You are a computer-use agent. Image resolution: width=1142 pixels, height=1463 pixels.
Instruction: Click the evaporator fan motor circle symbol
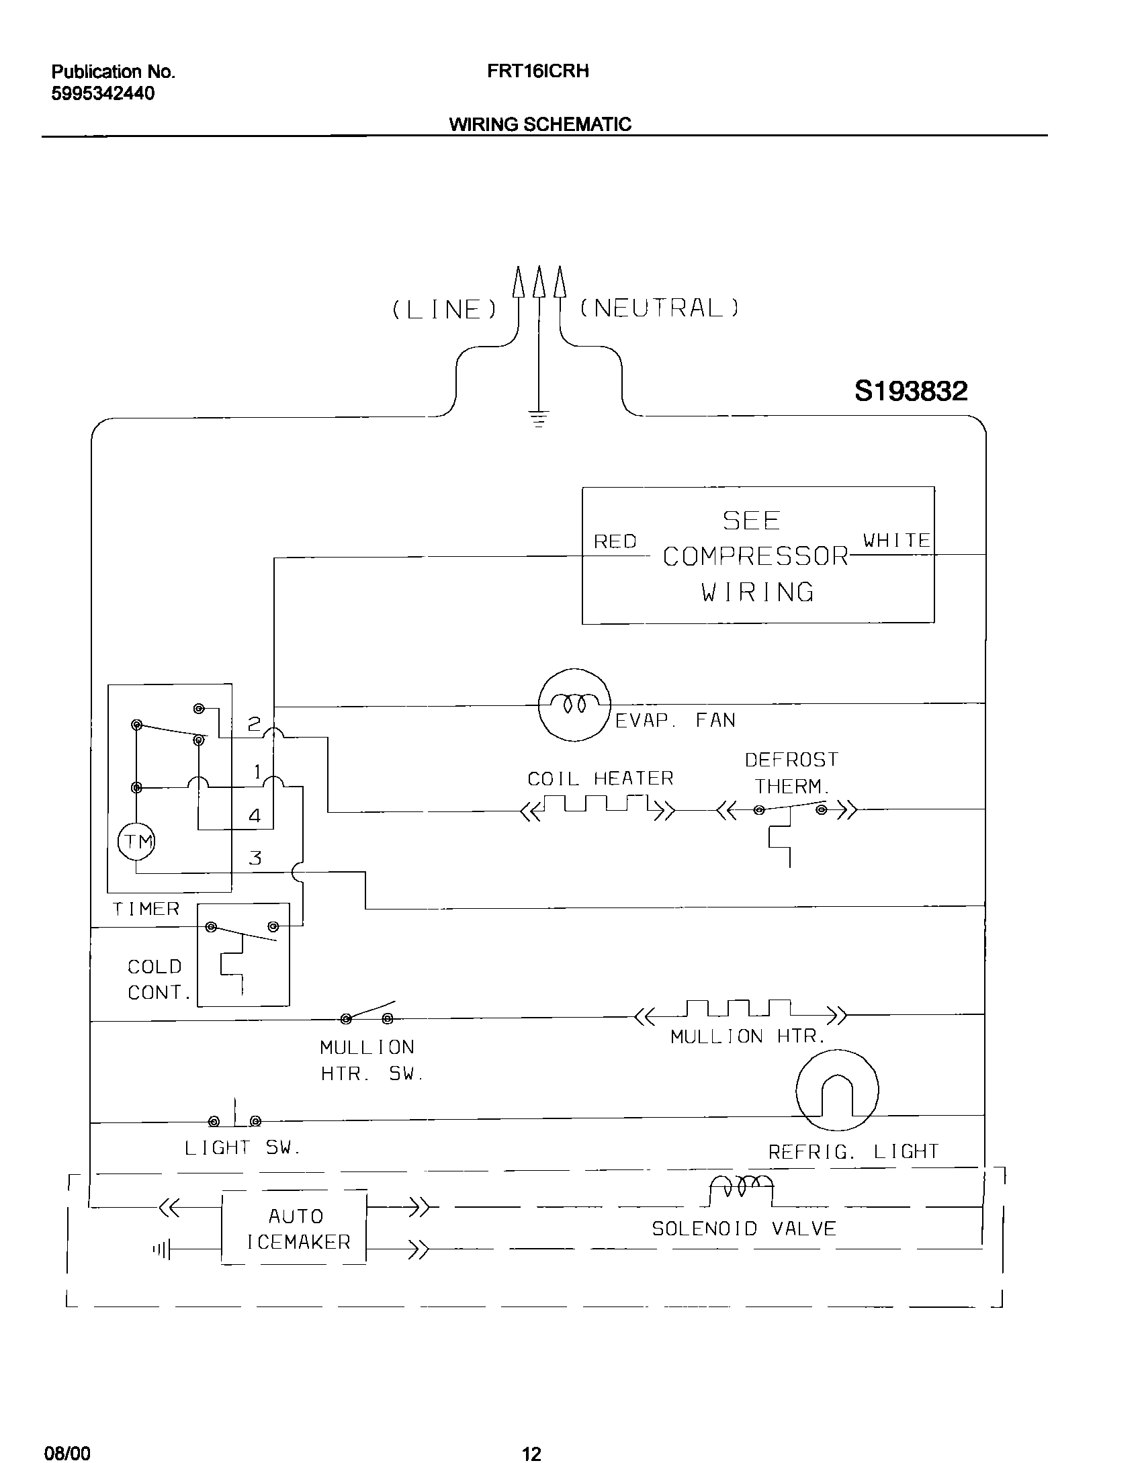point(574,705)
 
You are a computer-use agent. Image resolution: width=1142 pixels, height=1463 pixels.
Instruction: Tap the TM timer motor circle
point(136,841)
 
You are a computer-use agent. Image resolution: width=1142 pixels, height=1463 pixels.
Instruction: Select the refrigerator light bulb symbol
point(836,1091)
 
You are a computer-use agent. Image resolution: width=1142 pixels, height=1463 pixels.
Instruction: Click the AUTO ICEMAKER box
point(294,1229)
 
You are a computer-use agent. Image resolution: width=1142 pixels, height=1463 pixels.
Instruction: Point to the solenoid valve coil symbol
point(742,1188)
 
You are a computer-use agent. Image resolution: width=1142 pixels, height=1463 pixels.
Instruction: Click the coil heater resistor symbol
point(598,805)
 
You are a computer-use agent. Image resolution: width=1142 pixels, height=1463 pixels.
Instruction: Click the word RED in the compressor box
point(615,541)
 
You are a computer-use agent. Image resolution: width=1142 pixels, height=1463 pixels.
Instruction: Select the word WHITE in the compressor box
point(896,540)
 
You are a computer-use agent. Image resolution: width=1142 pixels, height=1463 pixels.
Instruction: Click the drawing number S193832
point(911,390)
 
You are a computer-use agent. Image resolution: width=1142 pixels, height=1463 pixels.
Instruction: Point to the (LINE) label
point(445,310)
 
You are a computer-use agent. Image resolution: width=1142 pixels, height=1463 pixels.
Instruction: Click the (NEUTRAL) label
point(659,308)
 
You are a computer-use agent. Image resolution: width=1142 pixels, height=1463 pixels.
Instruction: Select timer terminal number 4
point(255,816)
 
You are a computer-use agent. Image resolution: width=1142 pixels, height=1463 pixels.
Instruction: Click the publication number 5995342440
point(103,93)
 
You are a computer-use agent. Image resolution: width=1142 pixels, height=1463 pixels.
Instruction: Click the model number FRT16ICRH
point(538,71)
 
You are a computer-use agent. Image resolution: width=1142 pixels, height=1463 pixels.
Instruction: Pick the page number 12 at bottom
point(531,1449)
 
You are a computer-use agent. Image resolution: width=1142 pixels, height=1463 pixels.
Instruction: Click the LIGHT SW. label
point(243,1148)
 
